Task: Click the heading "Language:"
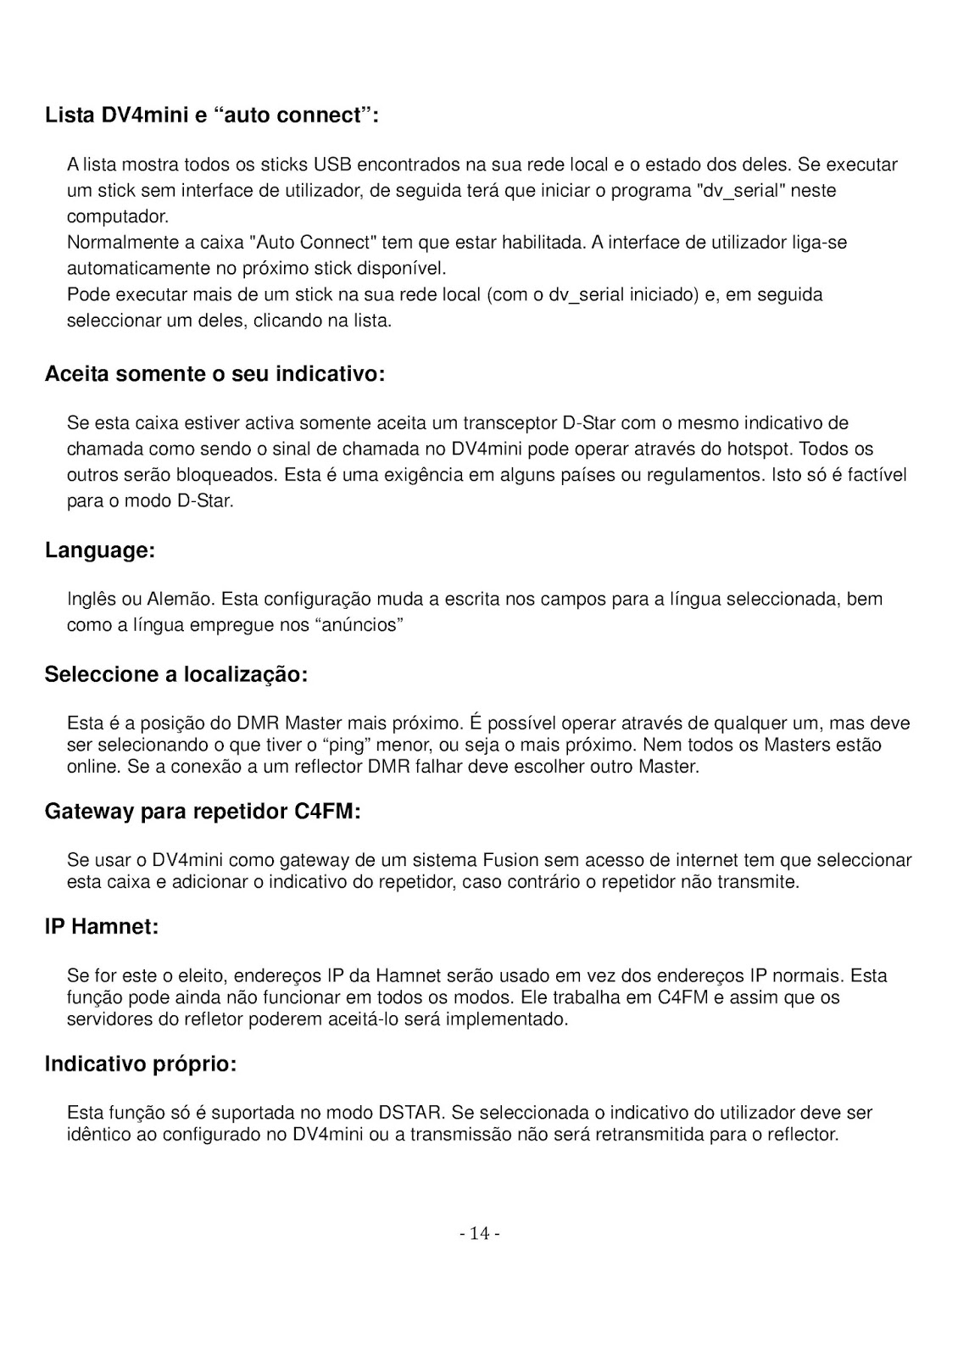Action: (100, 550)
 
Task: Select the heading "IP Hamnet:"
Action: (102, 927)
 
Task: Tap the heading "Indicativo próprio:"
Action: (141, 1064)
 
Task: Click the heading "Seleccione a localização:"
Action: (175, 675)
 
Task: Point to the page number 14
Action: (479, 1233)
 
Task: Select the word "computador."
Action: (118, 217)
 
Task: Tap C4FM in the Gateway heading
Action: (326, 813)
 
